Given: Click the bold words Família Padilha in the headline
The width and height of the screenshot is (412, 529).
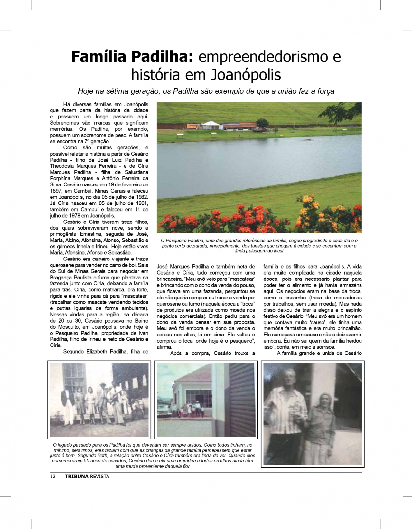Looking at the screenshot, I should (x=131, y=57).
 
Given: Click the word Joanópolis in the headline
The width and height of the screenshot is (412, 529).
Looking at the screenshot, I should (x=246, y=75).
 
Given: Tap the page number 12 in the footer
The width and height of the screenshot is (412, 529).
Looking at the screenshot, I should (x=53, y=477).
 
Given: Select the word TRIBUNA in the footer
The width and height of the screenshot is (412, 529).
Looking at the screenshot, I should (x=77, y=477).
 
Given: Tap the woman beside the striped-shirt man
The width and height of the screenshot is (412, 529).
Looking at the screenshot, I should (x=321, y=425).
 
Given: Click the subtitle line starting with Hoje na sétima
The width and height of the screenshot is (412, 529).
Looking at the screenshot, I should (x=206, y=91).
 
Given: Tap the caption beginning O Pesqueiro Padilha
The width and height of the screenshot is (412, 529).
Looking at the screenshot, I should (x=259, y=246).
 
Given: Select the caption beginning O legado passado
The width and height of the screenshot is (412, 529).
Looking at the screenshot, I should (x=152, y=455).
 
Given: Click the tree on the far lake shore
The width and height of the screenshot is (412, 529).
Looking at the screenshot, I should (x=262, y=123).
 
